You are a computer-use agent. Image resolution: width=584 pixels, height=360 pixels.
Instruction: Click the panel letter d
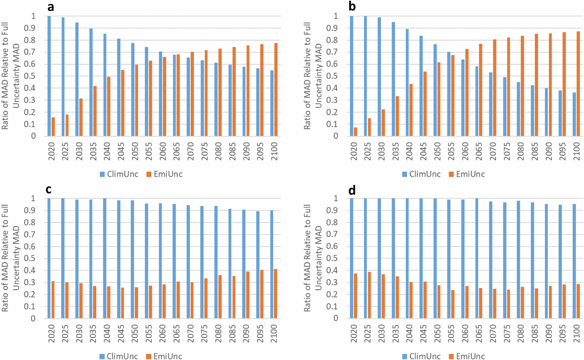[352, 191]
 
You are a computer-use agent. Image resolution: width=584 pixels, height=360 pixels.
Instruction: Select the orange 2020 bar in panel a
[53, 126]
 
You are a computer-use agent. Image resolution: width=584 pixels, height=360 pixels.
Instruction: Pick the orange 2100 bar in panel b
[578, 84]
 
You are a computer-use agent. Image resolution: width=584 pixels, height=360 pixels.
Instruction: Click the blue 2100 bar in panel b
[574, 114]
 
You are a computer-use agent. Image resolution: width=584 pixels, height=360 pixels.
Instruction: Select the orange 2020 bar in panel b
[355, 132]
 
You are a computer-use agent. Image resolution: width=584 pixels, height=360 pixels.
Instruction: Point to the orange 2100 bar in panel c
[276, 293]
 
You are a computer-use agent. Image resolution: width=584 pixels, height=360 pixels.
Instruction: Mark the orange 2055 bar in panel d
[453, 304]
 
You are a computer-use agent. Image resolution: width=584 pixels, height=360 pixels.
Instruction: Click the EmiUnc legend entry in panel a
[164, 174]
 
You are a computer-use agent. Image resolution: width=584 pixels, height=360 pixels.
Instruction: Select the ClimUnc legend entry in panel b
[421, 174]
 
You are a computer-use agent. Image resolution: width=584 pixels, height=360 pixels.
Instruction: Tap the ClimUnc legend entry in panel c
[119, 356]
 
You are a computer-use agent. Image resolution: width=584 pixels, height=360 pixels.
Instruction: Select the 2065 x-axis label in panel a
[176, 151]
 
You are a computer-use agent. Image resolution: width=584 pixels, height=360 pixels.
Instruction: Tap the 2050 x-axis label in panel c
[135, 333]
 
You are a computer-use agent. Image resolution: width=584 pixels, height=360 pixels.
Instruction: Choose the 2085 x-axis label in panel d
[535, 333]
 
